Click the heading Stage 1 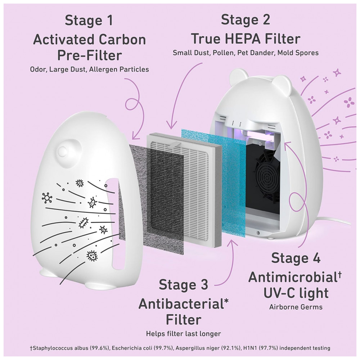click(88, 21)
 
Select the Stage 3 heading click(183, 285)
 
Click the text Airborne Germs click(296, 307)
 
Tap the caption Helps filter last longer click(183, 333)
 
